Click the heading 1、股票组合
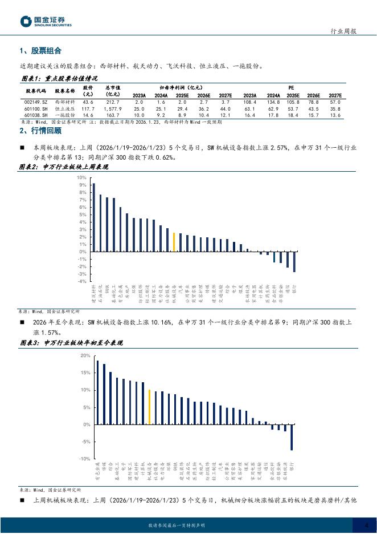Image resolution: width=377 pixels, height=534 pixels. click(x=40, y=51)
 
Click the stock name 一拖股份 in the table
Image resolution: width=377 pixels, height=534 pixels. click(x=65, y=115)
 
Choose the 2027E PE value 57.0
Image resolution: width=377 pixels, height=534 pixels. click(x=335, y=102)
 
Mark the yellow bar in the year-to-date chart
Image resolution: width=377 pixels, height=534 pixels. click(x=149, y=407)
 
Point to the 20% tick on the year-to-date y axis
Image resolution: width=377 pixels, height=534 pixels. click(x=84, y=355)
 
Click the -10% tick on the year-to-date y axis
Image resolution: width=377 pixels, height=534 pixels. click(x=84, y=459)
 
